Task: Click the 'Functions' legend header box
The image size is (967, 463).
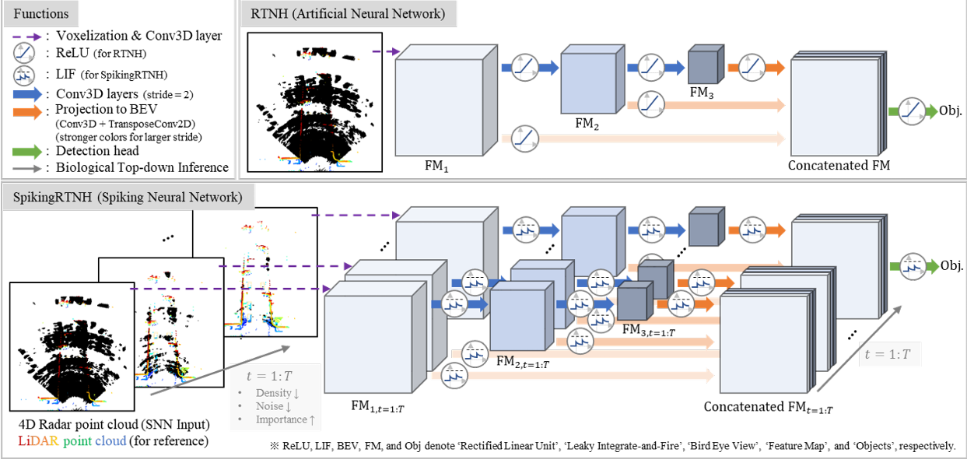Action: [40, 14]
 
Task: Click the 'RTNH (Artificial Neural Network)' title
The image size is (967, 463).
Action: [347, 14]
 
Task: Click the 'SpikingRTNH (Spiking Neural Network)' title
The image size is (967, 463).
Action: [127, 198]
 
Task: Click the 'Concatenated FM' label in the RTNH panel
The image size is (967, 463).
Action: [839, 165]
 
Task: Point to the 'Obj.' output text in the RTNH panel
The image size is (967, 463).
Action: [951, 110]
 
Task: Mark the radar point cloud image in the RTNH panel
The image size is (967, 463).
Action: [314, 102]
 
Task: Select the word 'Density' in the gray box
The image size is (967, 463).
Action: [273, 393]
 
